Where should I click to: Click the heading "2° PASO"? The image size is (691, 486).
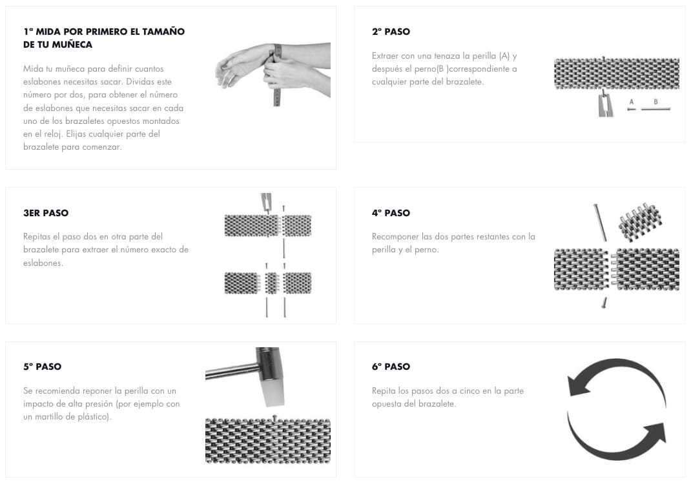[391, 32]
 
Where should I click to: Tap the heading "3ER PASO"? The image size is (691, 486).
[46, 213]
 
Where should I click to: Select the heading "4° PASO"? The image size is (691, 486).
[391, 213]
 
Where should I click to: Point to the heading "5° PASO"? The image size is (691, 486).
[43, 367]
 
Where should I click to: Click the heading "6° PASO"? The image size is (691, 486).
[391, 367]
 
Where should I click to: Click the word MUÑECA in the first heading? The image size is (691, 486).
[72, 45]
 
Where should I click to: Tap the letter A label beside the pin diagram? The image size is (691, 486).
[632, 102]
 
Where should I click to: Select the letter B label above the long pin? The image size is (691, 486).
[655, 102]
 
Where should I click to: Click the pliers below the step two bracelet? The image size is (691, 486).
[604, 104]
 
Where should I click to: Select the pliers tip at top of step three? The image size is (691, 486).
[267, 202]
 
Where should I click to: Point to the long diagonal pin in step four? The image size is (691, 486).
[600, 223]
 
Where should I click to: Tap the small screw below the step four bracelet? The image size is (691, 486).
[604, 303]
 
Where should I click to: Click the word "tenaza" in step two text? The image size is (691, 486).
[448, 56]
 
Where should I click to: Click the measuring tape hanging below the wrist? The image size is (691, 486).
[277, 86]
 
